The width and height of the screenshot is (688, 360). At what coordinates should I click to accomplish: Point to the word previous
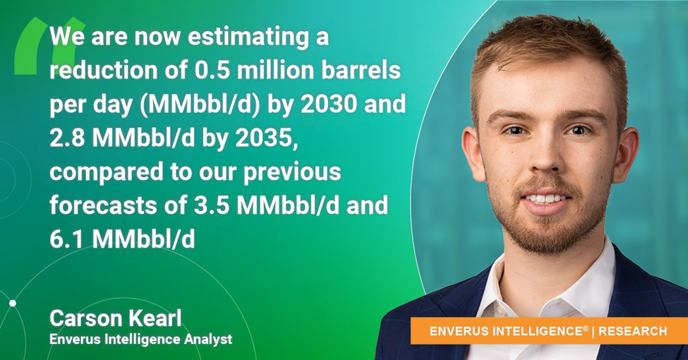[292, 172]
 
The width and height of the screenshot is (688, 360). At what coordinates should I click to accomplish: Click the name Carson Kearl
[116, 318]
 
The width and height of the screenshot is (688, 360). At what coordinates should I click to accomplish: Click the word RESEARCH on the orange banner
[633, 331]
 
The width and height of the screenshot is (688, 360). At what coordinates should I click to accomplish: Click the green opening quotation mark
[49, 46]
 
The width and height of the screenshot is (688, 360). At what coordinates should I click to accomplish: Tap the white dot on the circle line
[13, 304]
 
